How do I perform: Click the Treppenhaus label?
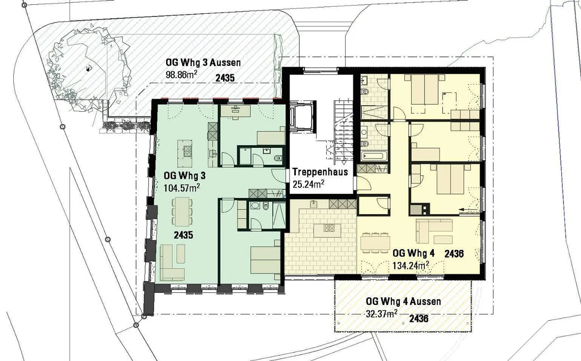(320, 172)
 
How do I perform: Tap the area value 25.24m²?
(308, 184)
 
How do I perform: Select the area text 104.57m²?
(182, 187)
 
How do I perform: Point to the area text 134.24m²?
(411, 265)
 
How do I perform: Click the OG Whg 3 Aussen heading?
(203, 63)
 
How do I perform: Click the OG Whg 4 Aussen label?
(403, 301)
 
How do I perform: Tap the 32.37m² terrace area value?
(382, 313)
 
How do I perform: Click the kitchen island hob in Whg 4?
(328, 228)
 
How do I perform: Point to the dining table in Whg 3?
(182, 211)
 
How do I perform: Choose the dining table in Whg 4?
(375, 243)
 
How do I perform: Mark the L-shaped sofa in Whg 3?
(172, 263)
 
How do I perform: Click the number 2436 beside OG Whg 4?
(454, 254)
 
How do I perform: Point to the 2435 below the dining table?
(183, 235)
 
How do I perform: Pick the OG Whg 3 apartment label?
(184, 176)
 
